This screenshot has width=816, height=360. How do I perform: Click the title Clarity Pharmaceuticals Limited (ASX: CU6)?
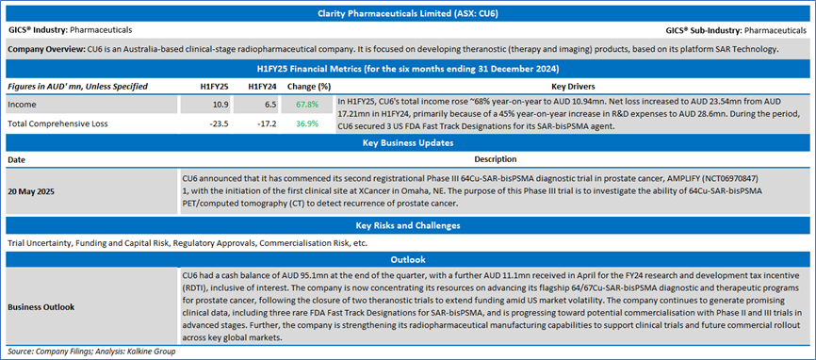coord(408,13)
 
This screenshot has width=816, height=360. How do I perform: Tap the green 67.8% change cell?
coord(306,106)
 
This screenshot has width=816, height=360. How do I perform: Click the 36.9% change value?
coord(306,124)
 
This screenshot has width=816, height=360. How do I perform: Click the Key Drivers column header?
coord(573,87)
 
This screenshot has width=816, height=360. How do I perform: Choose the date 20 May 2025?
coord(31,190)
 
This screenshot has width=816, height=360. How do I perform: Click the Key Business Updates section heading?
coord(408,143)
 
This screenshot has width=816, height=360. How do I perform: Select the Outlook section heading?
coord(408,258)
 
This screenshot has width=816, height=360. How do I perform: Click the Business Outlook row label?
coord(41,307)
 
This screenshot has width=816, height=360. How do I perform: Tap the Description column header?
coord(496,158)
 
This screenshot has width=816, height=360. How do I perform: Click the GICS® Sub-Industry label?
coord(704,31)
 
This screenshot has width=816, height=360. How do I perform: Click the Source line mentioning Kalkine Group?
coord(91,352)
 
